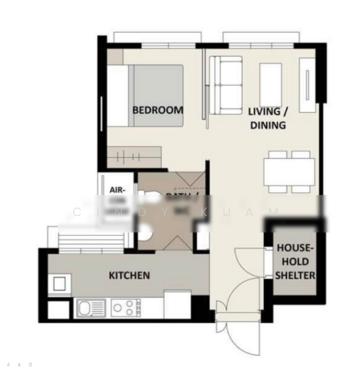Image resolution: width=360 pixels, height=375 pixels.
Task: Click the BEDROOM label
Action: click(158, 110)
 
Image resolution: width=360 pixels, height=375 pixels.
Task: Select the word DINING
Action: click(267, 125)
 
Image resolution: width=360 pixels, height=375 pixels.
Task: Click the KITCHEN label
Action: click(129, 275)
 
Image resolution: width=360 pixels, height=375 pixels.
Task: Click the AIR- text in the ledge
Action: click(117, 189)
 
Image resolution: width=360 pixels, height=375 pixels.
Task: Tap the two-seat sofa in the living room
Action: click(225, 84)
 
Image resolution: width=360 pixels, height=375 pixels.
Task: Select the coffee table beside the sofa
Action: click(271, 82)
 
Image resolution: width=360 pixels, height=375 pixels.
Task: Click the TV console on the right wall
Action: click(307, 85)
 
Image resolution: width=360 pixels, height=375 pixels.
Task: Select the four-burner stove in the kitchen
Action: click(126, 307)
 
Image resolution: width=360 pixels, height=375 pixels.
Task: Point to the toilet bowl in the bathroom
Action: click(145, 232)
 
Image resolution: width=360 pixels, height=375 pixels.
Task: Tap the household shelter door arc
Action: click(250, 266)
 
